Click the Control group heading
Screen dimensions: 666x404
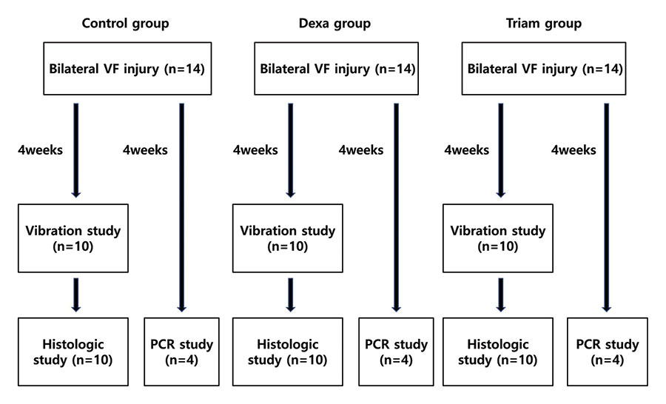pyautogui.click(x=125, y=24)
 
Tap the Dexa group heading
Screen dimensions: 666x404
pyautogui.click(x=334, y=24)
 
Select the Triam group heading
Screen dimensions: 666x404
pyautogui.click(x=544, y=24)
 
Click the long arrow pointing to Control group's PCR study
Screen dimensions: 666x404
pyautogui.click(x=182, y=208)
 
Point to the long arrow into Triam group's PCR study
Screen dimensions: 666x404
pyautogui.click(x=607, y=208)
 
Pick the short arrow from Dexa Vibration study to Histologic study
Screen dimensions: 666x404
pyautogui.click(x=291, y=295)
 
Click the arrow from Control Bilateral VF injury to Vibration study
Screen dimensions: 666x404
pyautogui.click(x=76, y=150)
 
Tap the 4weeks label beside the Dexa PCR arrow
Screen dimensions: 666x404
pyautogui.click(x=361, y=150)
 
